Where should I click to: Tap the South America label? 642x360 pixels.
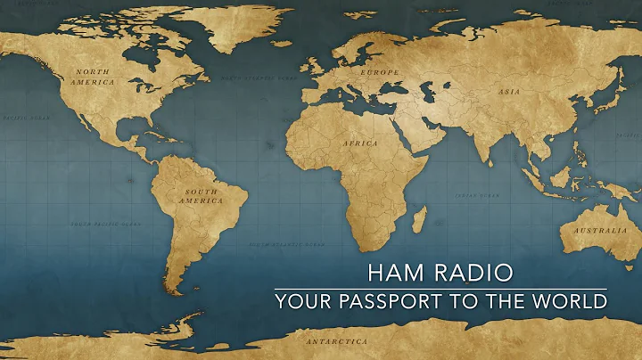(x=202, y=196)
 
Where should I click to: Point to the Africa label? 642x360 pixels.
(x=360, y=143)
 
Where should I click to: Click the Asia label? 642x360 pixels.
(x=508, y=90)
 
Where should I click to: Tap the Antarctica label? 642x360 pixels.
(x=336, y=341)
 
